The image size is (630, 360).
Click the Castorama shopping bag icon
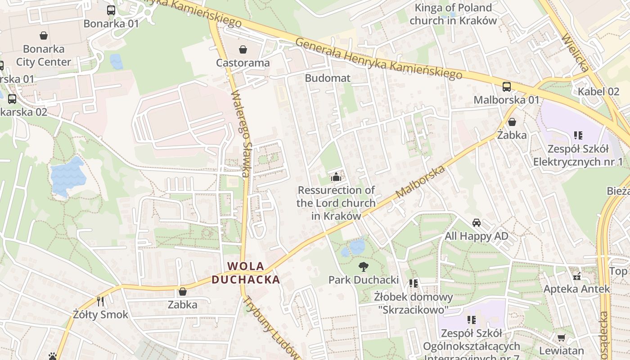point(243,49)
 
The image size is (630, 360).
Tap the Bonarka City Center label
point(44,55)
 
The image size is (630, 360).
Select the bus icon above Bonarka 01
point(111,10)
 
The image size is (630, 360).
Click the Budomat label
point(327,78)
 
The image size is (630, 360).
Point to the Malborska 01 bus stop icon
point(507,87)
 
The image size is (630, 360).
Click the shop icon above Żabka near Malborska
point(512,122)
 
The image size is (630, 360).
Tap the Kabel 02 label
point(598,92)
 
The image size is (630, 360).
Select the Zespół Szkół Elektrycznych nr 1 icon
point(578,135)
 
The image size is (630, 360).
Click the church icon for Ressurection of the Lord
point(336,177)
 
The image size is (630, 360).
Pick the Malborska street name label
point(421,182)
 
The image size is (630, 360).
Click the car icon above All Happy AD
point(476,223)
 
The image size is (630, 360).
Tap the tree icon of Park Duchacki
point(363,267)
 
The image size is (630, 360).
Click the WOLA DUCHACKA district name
point(246,273)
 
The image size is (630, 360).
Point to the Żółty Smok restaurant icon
point(100,301)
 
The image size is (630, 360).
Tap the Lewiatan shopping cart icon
point(561,337)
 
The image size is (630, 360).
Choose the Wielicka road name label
point(575,52)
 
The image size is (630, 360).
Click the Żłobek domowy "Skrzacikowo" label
point(413,303)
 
